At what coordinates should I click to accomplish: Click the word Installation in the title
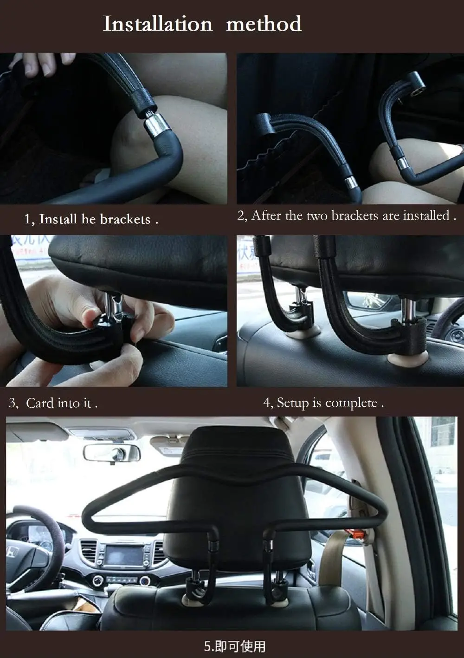pos(157,24)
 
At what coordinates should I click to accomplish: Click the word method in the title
pos(264,24)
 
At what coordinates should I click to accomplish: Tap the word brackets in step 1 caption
pos(125,219)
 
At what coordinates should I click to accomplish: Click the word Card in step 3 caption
pos(40,403)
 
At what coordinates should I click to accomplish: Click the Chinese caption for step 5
pos(235,646)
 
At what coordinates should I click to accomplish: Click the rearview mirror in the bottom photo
pos(111,452)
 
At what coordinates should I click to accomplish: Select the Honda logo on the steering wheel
pos(10,553)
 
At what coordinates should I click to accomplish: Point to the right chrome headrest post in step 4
pos(407,309)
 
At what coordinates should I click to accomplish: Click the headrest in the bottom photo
pos(237,488)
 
